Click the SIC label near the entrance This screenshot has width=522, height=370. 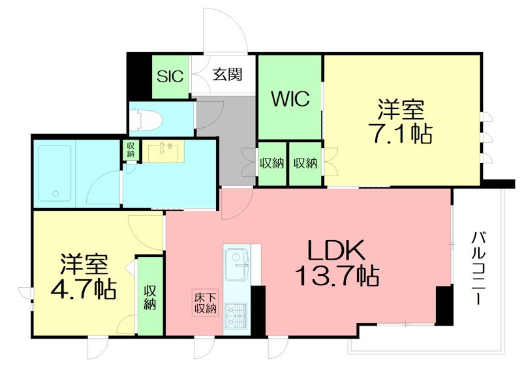click(170, 74)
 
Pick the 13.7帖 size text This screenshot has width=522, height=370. click(337, 277)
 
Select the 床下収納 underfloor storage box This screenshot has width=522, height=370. click(204, 303)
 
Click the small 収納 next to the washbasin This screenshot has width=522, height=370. click(130, 150)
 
